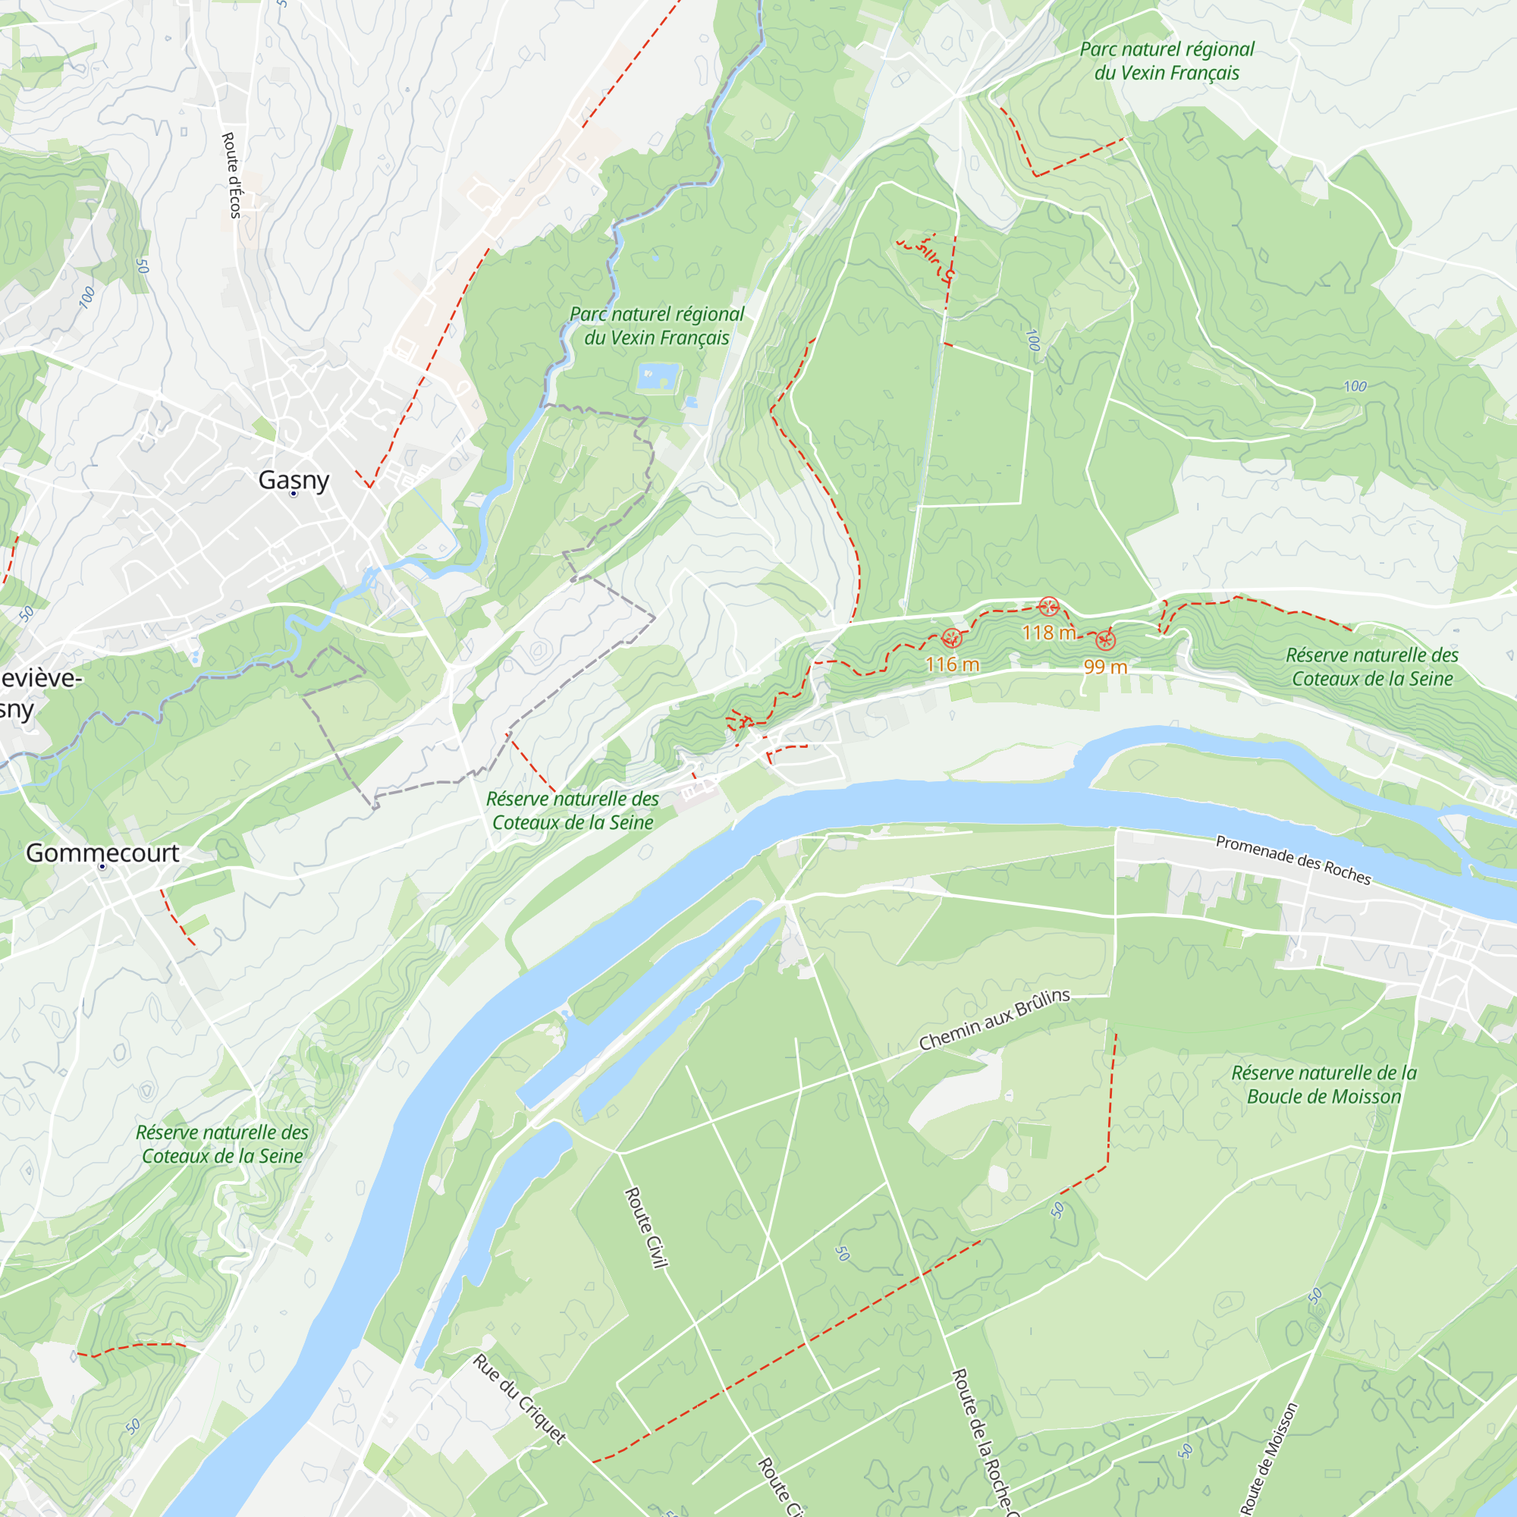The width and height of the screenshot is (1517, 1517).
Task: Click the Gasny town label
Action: click(x=294, y=480)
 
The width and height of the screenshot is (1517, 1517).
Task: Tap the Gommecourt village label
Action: click(x=102, y=853)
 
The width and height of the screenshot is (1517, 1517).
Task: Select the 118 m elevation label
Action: click(x=1049, y=632)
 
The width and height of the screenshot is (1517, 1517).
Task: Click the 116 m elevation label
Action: click(x=952, y=664)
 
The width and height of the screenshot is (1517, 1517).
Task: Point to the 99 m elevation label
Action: click(x=1106, y=667)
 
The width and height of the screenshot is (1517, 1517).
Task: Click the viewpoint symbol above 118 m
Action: click(x=1048, y=606)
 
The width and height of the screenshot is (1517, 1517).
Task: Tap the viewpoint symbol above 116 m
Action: click(x=952, y=639)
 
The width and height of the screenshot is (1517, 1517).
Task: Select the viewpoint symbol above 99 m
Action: click(x=1105, y=641)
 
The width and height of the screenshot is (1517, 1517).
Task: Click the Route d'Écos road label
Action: click(x=231, y=174)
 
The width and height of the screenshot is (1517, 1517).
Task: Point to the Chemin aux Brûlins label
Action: click(x=994, y=1019)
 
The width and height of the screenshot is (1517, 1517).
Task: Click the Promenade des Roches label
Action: click(x=1292, y=860)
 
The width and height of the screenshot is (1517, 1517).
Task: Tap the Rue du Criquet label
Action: click(x=519, y=1399)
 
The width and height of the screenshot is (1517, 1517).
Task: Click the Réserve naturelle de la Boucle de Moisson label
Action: click(x=1324, y=1085)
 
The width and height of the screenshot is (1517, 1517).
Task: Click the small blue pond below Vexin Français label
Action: click(x=657, y=376)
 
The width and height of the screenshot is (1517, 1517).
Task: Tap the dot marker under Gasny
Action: click(x=294, y=494)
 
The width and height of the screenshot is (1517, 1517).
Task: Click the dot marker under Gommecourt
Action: click(x=102, y=867)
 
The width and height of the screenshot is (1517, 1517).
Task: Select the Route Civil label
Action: click(x=646, y=1226)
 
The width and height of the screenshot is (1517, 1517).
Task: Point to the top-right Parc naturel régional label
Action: click(x=1167, y=61)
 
